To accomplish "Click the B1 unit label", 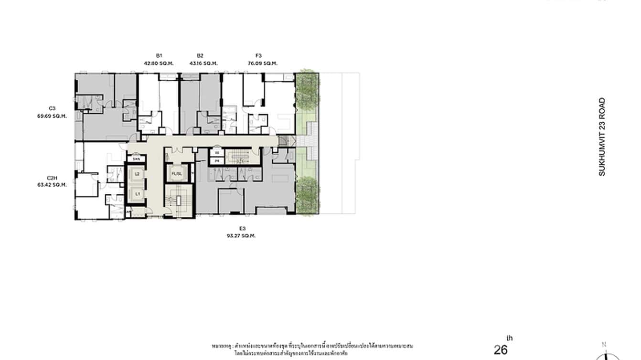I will pyautogui.click(x=159, y=56).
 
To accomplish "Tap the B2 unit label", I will pyautogui.click(x=200, y=56).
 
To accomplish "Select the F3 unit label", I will pyautogui.click(x=258, y=56).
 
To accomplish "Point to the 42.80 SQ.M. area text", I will pyautogui.click(x=159, y=63).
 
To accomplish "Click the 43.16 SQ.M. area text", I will pyautogui.click(x=203, y=63).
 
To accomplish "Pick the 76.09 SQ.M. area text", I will pyautogui.click(x=262, y=63).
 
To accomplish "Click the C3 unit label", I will pyautogui.click(x=52, y=108).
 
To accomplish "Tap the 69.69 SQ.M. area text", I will pyautogui.click(x=52, y=116).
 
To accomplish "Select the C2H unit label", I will pyautogui.click(x=52, y=178).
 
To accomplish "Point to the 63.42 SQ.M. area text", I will pyautogui.click(x=52, y=184).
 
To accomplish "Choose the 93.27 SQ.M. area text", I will pyautogui.click(x=241, y=235).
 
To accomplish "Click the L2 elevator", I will pyautogui.click(x=137, y=174).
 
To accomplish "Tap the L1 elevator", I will pyautogui.click(x=137, y=194).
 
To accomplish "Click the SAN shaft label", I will pyautogui.click(x=136, y=159).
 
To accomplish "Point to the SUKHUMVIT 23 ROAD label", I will pyautogui.click(x=602, y=137).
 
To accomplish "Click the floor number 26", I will pyautogui.click(x=501, y=350).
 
